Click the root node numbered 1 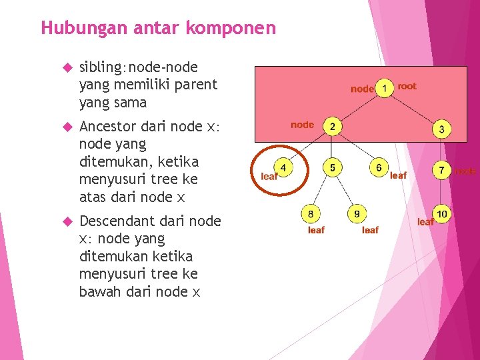(385, 89)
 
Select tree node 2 (332, 127)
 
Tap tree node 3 (441, 129)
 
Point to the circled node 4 (283, 167)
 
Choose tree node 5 (332, 167)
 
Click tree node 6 (379, 167)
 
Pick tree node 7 (441, 171)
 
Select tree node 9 (357, 214)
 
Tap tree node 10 (443, 214)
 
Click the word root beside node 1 (407, 86)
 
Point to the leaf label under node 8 (316, 230)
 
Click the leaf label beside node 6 (398, 176)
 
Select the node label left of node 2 (302, 125)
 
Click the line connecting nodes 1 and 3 (413, 109)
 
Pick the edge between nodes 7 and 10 (442, 193)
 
